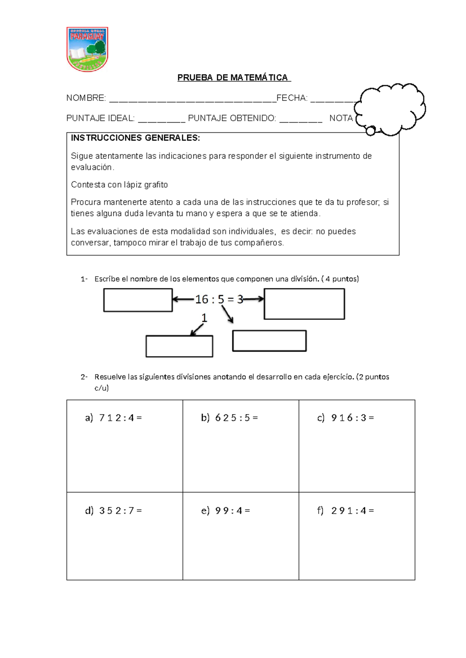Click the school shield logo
[x=87, y=49]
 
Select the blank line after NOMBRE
[x=192, y=100]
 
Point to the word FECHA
[x=291, y=98]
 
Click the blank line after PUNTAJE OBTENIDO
[x=301, y=120]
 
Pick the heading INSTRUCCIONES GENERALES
[x=135, y=138]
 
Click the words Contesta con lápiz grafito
[x=119, y=185]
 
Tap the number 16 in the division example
[x=202, y=300]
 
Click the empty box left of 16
[x=138, y=300]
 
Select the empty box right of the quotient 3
[x=304, y=304]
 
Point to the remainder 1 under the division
[x=204, y=318]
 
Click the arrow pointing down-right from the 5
[x=228, y=314]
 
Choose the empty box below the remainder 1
[x=179, y=346]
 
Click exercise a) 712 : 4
[x=113, y=418]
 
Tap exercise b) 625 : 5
[x=230, y=418]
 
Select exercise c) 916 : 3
[x=346, y=418]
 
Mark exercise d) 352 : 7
[x=113, y=511]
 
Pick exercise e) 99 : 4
[x=226, y=511]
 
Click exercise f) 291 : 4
[x=346, y=511]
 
